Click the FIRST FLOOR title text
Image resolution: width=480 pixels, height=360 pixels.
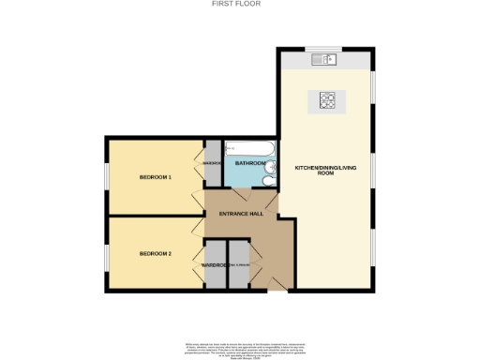[x=240, y=5]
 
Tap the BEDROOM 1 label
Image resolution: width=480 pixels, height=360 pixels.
[x=156, y=177]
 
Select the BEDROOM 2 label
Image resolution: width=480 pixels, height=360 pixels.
[x=156, y=254]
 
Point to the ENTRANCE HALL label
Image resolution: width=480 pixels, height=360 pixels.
[x=240, y=214]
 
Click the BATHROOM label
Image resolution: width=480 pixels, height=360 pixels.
[x=250, y=164]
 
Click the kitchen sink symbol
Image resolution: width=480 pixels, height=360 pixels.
[x=329, y=60]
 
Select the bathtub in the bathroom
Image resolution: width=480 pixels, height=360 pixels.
[x=249, y=148]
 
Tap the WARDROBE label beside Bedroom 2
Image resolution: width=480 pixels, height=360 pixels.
[x=215, y=265]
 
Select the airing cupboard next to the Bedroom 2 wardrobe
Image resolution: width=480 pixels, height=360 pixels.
[x=238, y=265]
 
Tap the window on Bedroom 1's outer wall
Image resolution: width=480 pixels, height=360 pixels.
[x=106, y=177]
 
